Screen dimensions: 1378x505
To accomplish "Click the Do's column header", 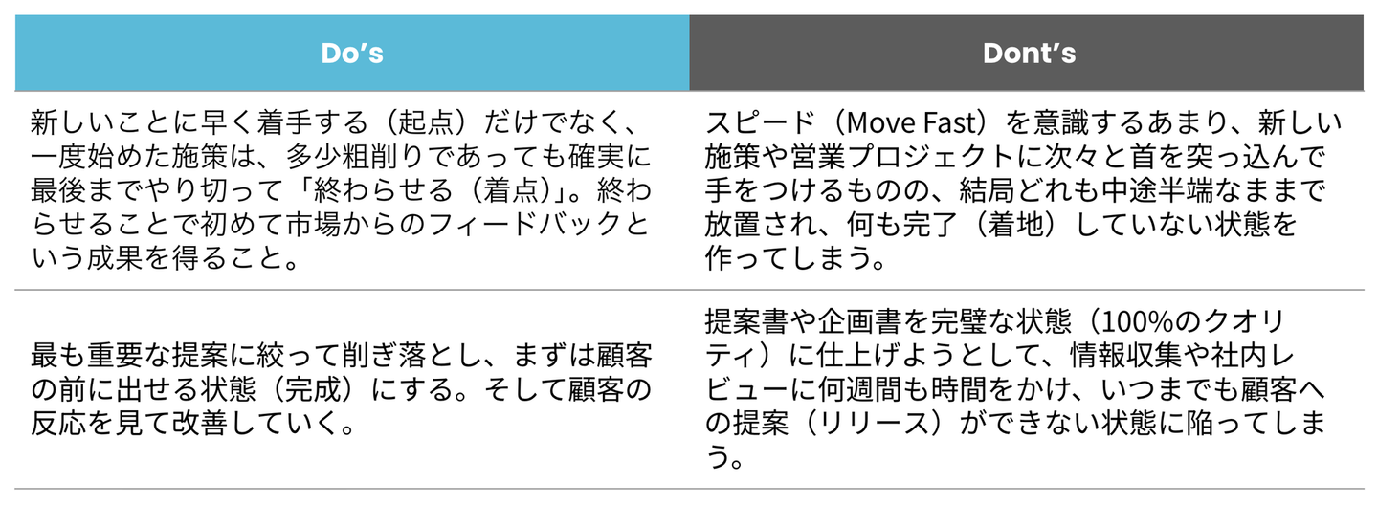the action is tap(352, 54).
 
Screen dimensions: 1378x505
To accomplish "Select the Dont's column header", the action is tap(1030, 54).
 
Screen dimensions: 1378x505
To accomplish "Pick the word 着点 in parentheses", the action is tap(511, 190).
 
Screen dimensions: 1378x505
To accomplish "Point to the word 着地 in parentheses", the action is tap(1017, 224).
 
